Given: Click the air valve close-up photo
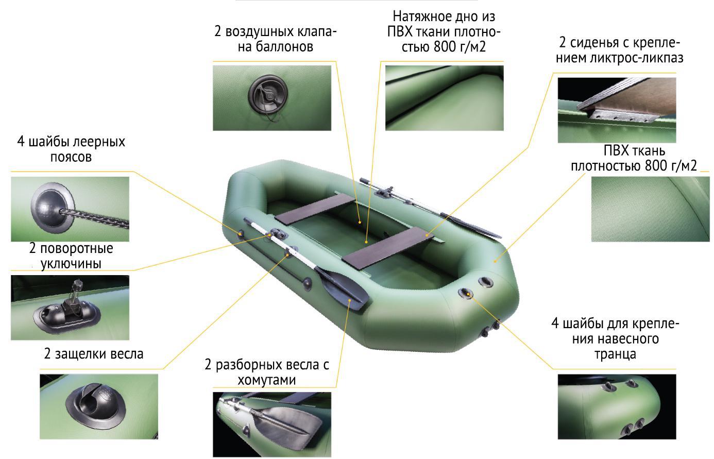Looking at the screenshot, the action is (272, 98).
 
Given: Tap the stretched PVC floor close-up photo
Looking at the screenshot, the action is (445, 98).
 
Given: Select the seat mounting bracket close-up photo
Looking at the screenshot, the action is (617, 110).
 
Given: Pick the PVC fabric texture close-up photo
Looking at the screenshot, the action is (650, 209).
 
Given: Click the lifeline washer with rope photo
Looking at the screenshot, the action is (70, 209).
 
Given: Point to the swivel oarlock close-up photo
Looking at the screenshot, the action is (70, 308).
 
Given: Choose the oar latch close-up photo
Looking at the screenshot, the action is (99, 407).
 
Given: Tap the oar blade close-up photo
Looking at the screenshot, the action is (272, 424).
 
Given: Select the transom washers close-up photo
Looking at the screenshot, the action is (617, 407).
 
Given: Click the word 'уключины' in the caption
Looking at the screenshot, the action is (71, 264).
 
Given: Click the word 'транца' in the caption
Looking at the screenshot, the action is (615, 354).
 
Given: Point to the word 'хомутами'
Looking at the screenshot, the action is (267, 380).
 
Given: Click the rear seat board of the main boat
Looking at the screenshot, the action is (388, 248).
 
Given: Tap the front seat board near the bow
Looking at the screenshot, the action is (315, 209).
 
